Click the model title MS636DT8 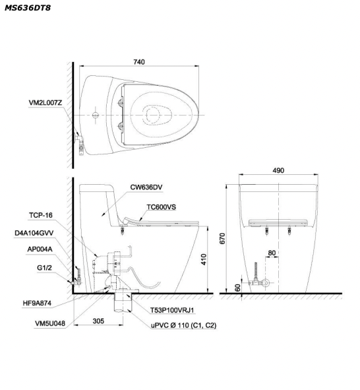click(x=28, y=8)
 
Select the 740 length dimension click(x=139, y=62)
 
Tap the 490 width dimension click(x=278, y=170)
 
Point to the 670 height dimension click(x=222, y=238)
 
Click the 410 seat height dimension click(x=204, y=259)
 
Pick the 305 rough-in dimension click(x=98, y=321)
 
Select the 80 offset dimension click(x=272, y=253)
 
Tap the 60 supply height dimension click(x=238, y=288)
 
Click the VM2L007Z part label click(x=45, y=102)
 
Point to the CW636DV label click(x=146, y=187)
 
